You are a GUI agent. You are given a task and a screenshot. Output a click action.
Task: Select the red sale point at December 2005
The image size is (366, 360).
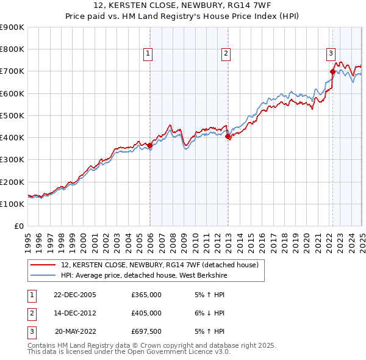pyautogui.click(x=150, y=145)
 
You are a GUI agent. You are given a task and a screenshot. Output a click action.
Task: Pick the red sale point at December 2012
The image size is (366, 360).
pyautogui.click(x=228, y=137)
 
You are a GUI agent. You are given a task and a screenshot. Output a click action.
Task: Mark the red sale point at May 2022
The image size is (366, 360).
pyautogui.click(x=332, y=71)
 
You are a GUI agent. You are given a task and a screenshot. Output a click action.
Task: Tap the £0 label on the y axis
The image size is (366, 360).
pyautogui.click(x=18, y=226)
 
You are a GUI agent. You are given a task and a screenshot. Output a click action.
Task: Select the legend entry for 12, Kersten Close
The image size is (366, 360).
pyautogui.click(x=160, y=265)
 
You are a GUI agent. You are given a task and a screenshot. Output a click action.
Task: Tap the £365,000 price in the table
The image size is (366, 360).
pyautogui.click(x=146, y=295)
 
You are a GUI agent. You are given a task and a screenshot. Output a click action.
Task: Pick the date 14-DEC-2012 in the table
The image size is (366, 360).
pyautogui.click(x=75, y=313)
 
